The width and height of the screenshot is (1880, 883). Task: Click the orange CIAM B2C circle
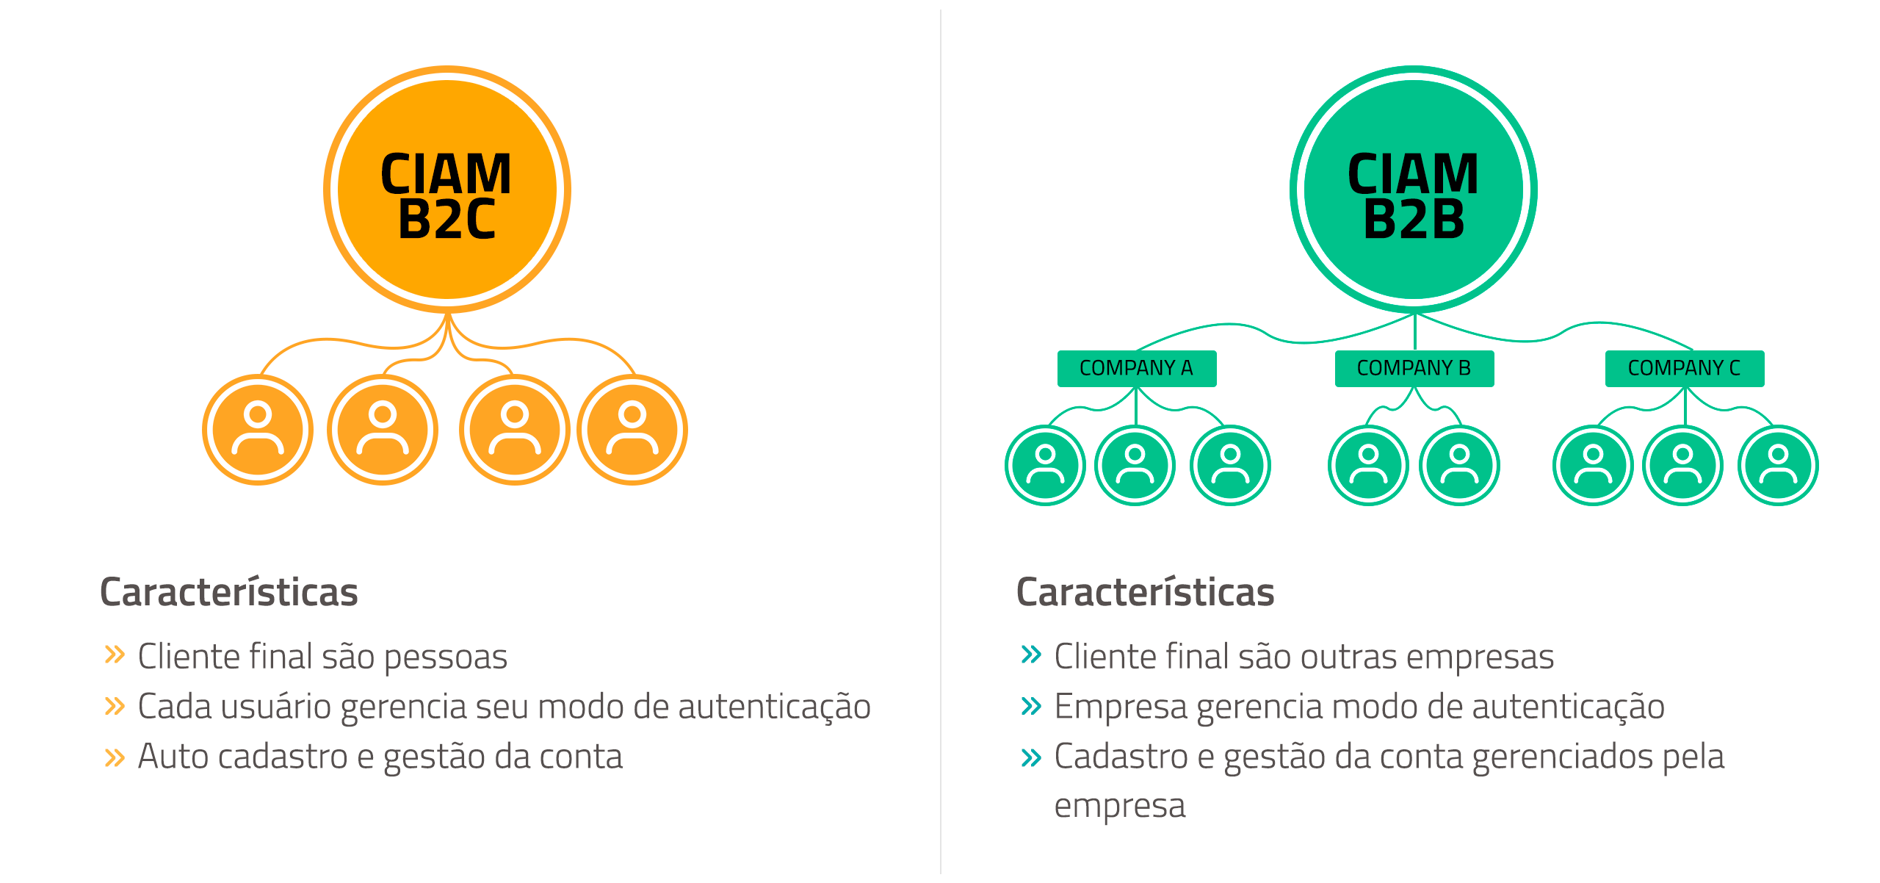pos(446,190)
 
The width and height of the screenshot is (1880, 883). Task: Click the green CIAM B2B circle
pos(1413,190)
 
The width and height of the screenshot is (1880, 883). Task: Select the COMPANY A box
pos(1136,368)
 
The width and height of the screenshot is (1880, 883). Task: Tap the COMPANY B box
pos(1414,368)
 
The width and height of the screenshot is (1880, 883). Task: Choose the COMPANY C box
pos(1684,368)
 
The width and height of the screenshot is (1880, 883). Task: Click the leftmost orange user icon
pos(258,430)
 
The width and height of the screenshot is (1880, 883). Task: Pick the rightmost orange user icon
pos(632,430)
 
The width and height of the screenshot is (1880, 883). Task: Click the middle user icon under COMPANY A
pos(1135,465)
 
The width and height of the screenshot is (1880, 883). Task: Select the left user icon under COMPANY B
pos(1368,465)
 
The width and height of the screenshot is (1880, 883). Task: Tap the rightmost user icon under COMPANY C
pos(1778,465)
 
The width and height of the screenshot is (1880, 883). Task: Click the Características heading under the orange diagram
pos(228,592)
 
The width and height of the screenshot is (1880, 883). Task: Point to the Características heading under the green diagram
pos(1145,592)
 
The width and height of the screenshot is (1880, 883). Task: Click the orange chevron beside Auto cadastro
pos(115,757)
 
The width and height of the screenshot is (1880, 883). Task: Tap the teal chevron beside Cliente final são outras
pos(1031,654)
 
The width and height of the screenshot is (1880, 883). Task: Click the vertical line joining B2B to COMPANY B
pos(1414,332)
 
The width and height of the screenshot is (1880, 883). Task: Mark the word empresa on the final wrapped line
pos(1119,807)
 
